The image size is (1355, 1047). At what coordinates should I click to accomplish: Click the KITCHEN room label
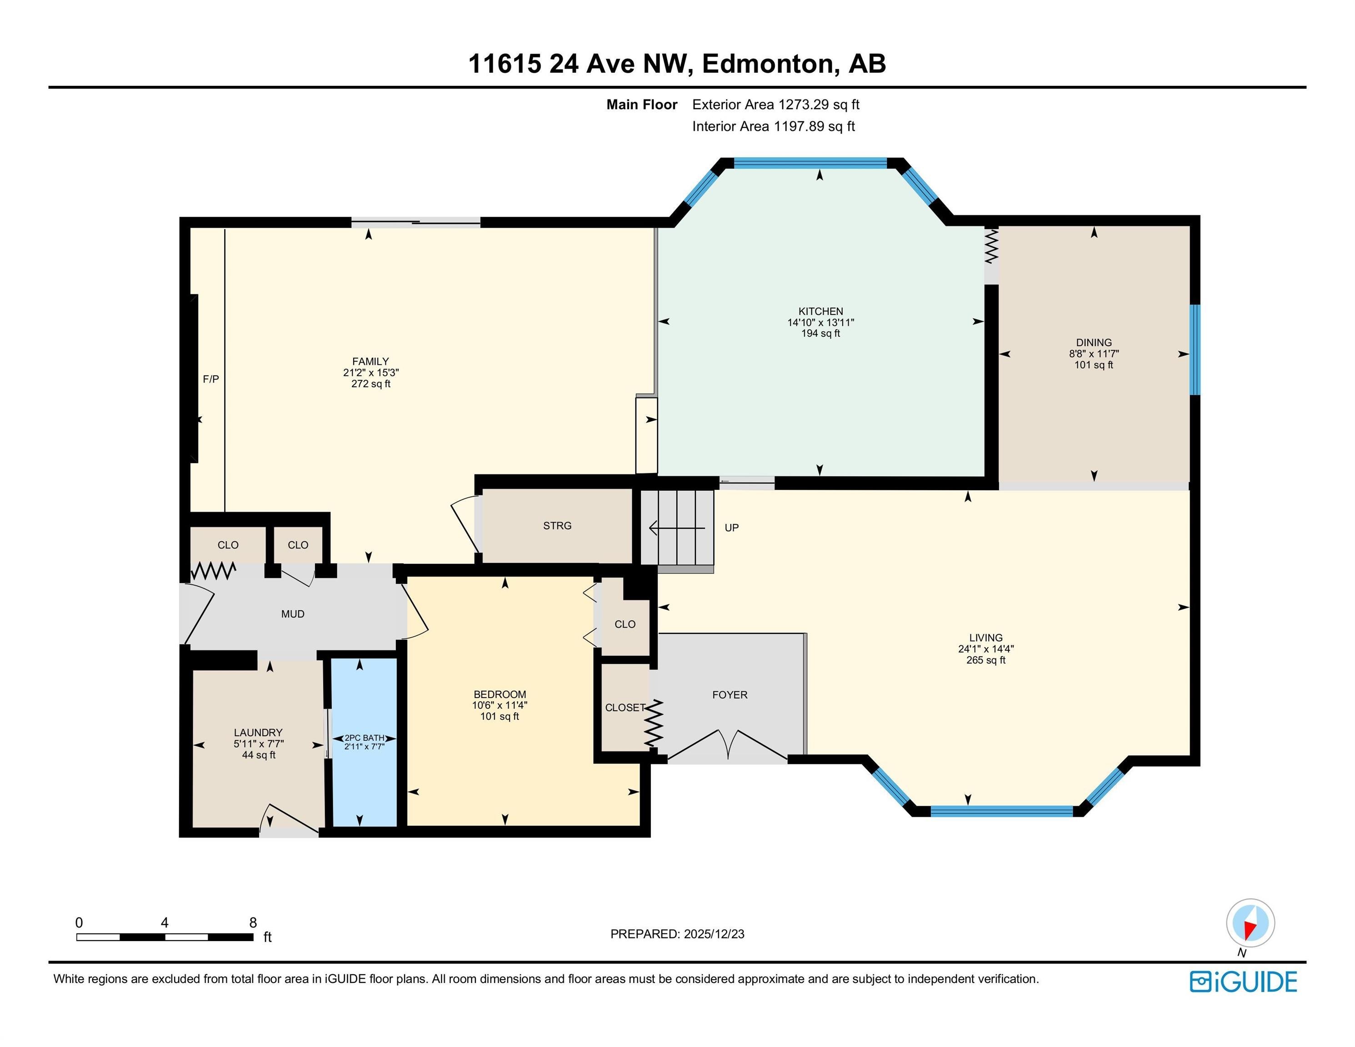820,311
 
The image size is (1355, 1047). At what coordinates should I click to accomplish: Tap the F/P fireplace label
211,379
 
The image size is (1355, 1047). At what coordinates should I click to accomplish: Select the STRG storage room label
557,526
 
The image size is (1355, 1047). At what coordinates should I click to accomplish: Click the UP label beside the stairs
731,528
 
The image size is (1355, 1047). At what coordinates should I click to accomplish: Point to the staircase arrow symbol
676,528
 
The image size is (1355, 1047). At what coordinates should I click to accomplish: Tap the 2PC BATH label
364,738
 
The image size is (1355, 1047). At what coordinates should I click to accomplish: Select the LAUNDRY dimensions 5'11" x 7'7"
259,744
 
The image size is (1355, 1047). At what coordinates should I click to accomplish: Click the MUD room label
293,614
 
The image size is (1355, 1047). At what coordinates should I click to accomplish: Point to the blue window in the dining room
1194,349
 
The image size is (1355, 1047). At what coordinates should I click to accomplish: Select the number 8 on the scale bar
253,922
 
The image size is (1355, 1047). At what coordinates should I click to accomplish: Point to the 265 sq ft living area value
985,660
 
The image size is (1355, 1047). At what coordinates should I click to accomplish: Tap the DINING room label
1094,342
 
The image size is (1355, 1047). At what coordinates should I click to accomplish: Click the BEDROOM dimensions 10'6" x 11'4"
500,705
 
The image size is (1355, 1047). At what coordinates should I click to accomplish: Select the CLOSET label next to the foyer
624,708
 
